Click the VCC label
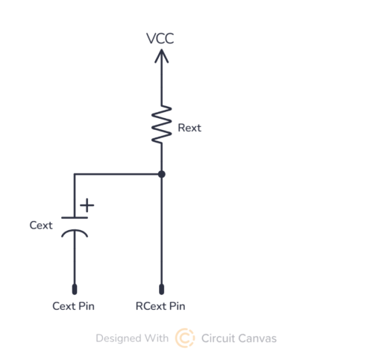[160, 39]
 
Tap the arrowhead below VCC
[162, 56]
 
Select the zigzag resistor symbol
[162, 124]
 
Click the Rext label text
[189, 128]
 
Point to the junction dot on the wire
[162, 174]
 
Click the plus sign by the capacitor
[87, 205]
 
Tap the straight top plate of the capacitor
[75, 218]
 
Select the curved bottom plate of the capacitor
[75, 232]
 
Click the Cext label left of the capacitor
[41, 226]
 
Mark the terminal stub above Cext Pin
[75, 289]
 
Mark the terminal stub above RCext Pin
[162, 289]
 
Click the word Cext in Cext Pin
[63, 306]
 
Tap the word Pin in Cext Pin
[87, 306]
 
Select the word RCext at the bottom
[151, 306]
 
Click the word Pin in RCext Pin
[177, 306]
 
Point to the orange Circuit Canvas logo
[185, 338]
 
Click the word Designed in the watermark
[119, 338]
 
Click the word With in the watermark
[157, 338]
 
